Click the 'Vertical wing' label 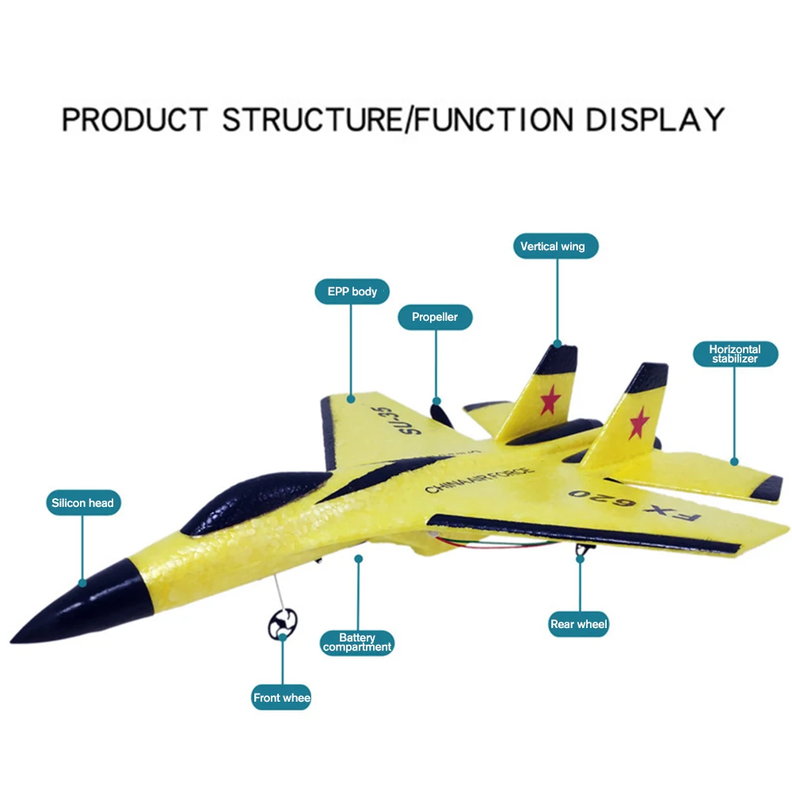click(553, 246)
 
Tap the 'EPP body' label click(352, 291)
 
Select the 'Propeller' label click(435, 317)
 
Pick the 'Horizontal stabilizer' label click(734, 354)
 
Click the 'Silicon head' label click(82, 503)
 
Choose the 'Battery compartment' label click(357, 642)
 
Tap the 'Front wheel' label click(281, 698)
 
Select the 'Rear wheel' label click(579, 624)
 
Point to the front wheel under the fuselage click(283, 624)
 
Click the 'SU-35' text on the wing click(383, 420)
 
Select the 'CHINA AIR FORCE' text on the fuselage click(479, 480)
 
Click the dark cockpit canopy click(253, 499)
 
